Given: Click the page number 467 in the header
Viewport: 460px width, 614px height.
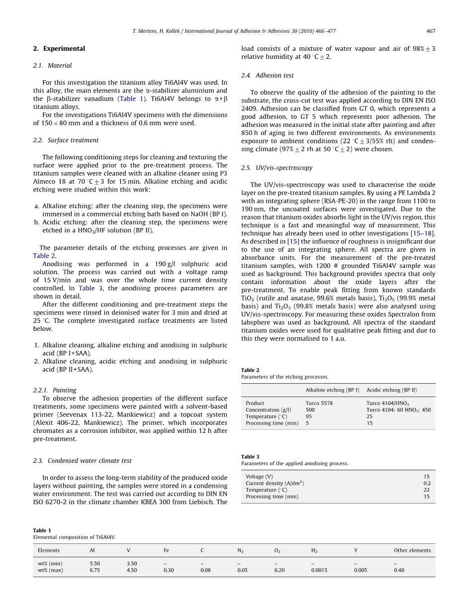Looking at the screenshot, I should pyautogui.click(x=431, y=31).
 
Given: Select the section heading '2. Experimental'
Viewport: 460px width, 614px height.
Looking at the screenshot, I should pyautogui.click(x=59, y=49).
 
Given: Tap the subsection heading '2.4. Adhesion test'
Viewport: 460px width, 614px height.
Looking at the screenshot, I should pyautogui.click(x=268, y=76).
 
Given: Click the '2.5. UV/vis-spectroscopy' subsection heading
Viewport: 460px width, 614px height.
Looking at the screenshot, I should pyautogui.click(x=277, y=168).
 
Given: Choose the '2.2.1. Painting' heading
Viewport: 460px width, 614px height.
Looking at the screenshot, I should pyautogui.click(x=55, y=391).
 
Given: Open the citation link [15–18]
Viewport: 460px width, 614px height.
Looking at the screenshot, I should pyautogui.click(x=423, y=233).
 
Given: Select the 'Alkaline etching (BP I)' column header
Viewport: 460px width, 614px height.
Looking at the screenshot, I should pyautogui.click(x=332, y=390).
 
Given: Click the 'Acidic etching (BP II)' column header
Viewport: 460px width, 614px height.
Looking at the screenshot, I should pyautogui.click(x=392, y=390).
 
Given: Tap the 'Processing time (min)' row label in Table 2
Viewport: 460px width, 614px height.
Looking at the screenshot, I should pyautogui.click(x=272, y=423).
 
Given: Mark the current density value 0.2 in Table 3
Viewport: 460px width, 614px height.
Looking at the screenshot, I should pyautogui.click(x=427, y=483).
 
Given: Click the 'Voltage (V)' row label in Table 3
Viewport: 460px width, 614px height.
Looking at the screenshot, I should pyautogui.click(x=259, y=477).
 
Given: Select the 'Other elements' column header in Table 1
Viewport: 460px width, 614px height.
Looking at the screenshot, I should pyautogui.click(x=412, y=550).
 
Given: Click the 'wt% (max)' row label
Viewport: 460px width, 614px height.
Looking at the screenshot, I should pyautogui.click(x=50, y=570).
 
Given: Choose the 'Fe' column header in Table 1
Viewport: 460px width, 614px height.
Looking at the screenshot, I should pyautogui.click(x=166, y=550).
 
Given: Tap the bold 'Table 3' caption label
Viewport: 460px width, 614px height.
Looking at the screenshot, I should pyautogui.click(x=250, y=457).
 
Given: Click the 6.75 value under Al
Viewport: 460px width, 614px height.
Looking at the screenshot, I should pyautogui.click(x=95, y=570).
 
